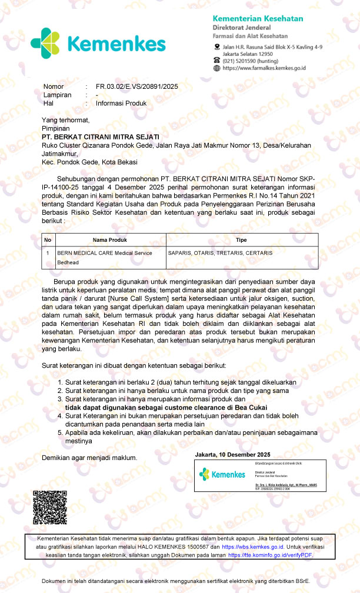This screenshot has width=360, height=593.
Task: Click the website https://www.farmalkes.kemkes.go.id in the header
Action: pos(264,68)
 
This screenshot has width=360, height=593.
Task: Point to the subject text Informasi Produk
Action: pos(121,103)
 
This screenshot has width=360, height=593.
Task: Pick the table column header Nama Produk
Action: pos(110,240)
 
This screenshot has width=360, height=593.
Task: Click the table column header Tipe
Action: pos(241,240)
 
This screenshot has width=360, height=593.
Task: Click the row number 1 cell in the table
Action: pos(48,253)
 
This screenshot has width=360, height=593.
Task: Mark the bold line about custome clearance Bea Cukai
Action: pos(166,408)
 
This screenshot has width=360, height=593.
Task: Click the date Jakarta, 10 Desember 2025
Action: pos(232,455)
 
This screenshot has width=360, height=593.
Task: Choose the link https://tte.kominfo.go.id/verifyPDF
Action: pos(270,555)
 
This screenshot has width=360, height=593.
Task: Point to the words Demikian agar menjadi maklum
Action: pos(89,457)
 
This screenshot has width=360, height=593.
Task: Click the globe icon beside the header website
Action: pos(217,68)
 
